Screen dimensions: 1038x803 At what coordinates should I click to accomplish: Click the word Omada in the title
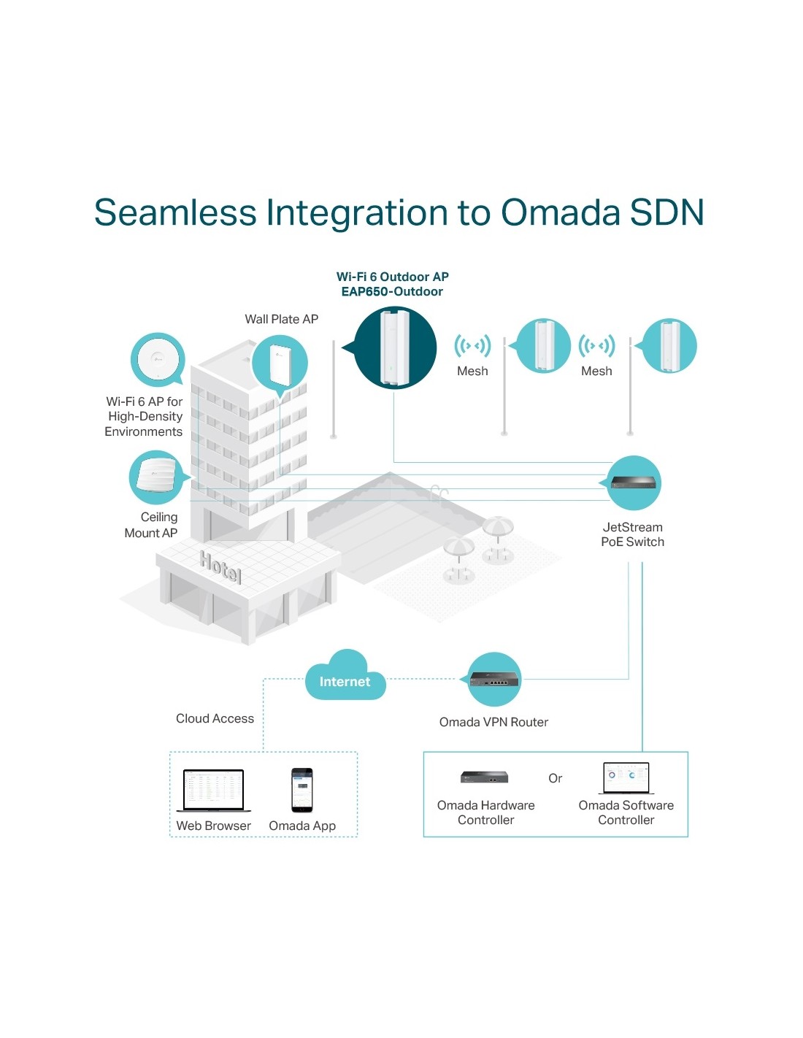coord(561,212)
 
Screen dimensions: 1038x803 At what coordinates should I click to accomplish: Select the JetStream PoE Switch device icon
coord(634,483)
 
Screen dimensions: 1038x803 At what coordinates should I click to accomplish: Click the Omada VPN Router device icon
coord(494,680)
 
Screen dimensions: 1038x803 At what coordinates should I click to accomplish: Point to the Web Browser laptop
coord(213,790)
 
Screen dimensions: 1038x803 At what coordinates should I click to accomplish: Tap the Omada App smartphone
coord(301,790)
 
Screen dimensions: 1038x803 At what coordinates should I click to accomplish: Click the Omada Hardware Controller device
coord(484,777)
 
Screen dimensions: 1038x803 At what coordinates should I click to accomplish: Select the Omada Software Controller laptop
coord(626,778)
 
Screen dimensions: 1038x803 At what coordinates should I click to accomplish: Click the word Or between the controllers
coord(555,778)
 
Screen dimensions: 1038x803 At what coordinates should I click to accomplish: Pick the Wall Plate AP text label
coord(281,319)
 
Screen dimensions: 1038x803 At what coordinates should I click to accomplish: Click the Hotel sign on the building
coord(220,566)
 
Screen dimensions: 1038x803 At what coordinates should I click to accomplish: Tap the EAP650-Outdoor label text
coord(392,291)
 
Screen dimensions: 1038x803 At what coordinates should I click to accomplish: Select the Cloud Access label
coord(215,718)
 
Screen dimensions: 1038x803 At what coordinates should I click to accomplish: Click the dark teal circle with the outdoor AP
coord(395,347)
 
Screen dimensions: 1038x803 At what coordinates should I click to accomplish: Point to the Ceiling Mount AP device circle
coord(155,477)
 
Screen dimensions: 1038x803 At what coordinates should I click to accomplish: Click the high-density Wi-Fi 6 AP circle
coord(157,358)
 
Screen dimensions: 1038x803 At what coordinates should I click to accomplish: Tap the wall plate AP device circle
coord(280,363)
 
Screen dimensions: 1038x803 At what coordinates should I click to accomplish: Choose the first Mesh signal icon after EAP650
coord(472,345)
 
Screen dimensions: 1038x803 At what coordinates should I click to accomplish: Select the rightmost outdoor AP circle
coord(669,346)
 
